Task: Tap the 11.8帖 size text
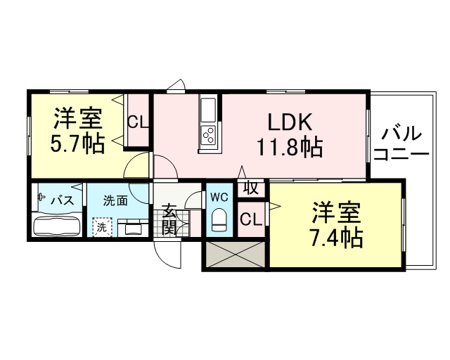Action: click(289, 148)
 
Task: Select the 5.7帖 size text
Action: click(77, 143)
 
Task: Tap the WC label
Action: click(218, 198)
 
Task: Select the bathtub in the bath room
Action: click(58, 226)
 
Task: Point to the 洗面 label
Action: click(115, 200)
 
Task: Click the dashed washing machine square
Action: click(101, 227)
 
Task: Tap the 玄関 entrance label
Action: click(170, 217)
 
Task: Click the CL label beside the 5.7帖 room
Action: click(138, 122)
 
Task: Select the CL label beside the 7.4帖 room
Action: click(250, 219)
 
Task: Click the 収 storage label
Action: click(250, 188)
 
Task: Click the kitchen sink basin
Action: click(209, 110)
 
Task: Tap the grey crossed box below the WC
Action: click(235, 254)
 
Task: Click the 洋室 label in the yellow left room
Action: click(77, 116)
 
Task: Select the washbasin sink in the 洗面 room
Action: click(131, 227)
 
